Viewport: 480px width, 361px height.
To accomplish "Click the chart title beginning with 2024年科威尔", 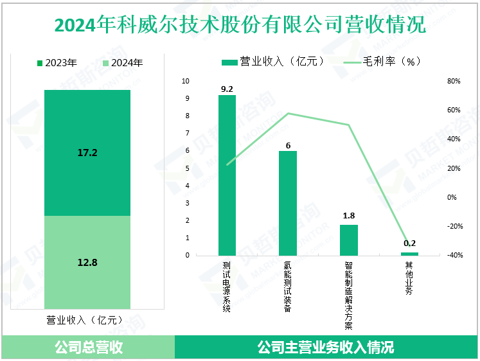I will [x=240, y=25].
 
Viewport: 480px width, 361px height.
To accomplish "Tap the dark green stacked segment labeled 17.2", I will [x=87, y=153].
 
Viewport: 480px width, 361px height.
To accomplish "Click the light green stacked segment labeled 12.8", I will [x=87, y=261].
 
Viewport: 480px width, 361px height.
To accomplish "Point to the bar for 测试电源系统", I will [x=227, y=175].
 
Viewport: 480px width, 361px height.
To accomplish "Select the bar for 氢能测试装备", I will [x=288, y=203].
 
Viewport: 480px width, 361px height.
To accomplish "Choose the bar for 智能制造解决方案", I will [x=349, y=240].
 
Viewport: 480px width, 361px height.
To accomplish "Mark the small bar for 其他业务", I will [x=410, y=254].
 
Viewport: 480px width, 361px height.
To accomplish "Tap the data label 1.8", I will [x=349, y=216].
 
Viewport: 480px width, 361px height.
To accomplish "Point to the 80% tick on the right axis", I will [x=454, y=82].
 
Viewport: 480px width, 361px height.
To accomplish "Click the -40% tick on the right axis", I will [x=454, y=256].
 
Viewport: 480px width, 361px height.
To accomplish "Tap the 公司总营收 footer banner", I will [x=88, y=348].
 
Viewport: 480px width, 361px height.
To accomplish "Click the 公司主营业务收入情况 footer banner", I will [x=326, y=348].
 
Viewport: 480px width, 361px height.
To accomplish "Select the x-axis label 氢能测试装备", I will [x=288, y=286].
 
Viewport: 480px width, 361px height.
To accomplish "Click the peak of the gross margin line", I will [x=288, y=114].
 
